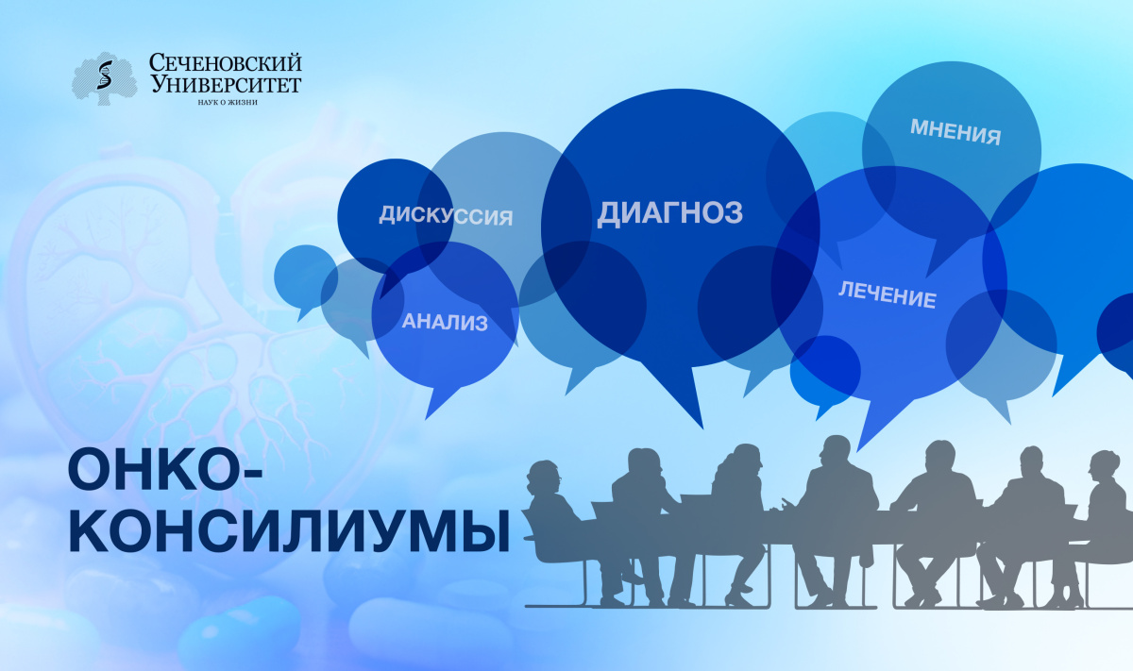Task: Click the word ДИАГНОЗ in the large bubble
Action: coord(670,213)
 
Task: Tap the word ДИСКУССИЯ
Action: coord(446,216)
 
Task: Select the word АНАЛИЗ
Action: coord(445,322)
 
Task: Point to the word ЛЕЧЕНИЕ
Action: coord(888,294)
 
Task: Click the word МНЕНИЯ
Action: coord(955,132)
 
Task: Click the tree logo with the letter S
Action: coord(104,78)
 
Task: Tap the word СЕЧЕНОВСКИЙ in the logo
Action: coord(225,63)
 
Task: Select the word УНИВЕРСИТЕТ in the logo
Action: coord(226,84)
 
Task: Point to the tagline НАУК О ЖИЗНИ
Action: coord(228,102)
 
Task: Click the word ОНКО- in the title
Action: coord(165,470)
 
